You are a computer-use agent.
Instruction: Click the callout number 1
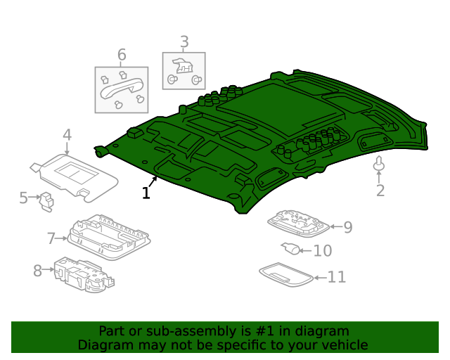pos(146,193)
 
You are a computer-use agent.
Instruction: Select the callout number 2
pos(380,191)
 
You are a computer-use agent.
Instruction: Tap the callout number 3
pos(184,42)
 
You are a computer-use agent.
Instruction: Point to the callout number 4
pos(67,135)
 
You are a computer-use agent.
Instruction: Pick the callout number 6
pos(122,55)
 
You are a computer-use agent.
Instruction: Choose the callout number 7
pos(51,238)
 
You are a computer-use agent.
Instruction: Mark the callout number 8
pos(37,269)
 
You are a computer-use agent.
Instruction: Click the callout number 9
pos(347,226)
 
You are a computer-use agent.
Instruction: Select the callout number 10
pos(322,250)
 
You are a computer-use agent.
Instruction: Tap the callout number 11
pos(337,277)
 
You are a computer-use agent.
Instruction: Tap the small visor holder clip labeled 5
pos(47,201)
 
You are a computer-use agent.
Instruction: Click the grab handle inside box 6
pos(121,89)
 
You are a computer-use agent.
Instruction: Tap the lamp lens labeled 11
pos(285,274)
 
